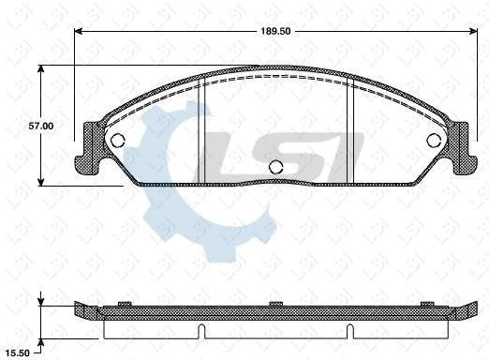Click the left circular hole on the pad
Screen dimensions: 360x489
pyautogui.click(x=118, y=141)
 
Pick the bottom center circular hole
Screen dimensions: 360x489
pyautogui.click(x=275, y=168)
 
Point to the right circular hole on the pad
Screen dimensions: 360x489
pyautogui.click(x=434, y=141)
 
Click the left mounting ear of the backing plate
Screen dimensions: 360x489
pyautogui.click(x=92, y=147)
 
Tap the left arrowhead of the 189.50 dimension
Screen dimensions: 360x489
pyautogui.click(x=80, y=30)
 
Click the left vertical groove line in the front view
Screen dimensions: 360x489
pyautogui.click(x=203, y=131)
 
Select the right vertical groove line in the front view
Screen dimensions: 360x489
pyautogui.click(x=348, y=131)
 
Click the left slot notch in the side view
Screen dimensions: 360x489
pyautogui.click(x=203, y=331)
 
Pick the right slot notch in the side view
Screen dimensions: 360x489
pyautogui.click(x=348, y=331)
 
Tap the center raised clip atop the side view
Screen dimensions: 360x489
pyautogui.click(x=275, y=303)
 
